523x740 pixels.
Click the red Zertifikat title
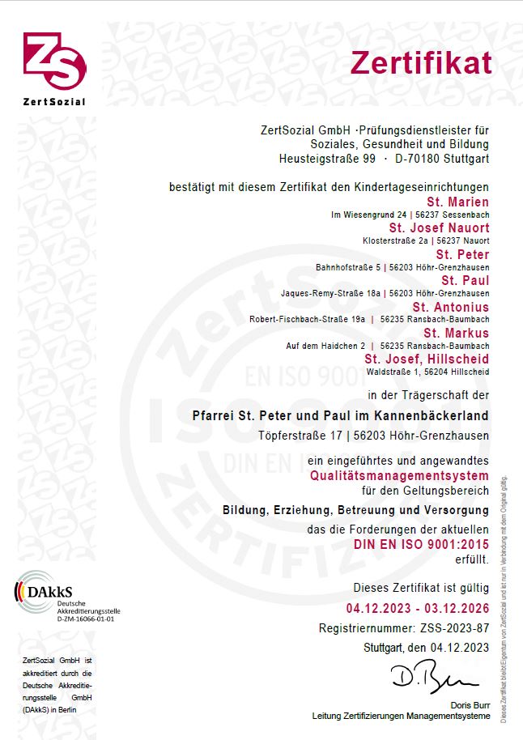pos(421,62)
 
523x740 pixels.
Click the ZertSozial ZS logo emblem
pos(54,62)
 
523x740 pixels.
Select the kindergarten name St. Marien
pos(457,202)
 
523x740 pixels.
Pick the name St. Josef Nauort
pos(439,228)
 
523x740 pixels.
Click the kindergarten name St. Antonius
pos(450,308)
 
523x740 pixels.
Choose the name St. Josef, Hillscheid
pos(427,359)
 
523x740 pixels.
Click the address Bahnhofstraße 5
pos(349,267)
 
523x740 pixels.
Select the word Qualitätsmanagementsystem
pos(400,475)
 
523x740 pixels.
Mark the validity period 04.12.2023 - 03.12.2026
pos(418,608)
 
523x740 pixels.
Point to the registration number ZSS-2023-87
pos(454,627)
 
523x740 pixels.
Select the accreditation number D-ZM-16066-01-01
pos(86,619)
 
